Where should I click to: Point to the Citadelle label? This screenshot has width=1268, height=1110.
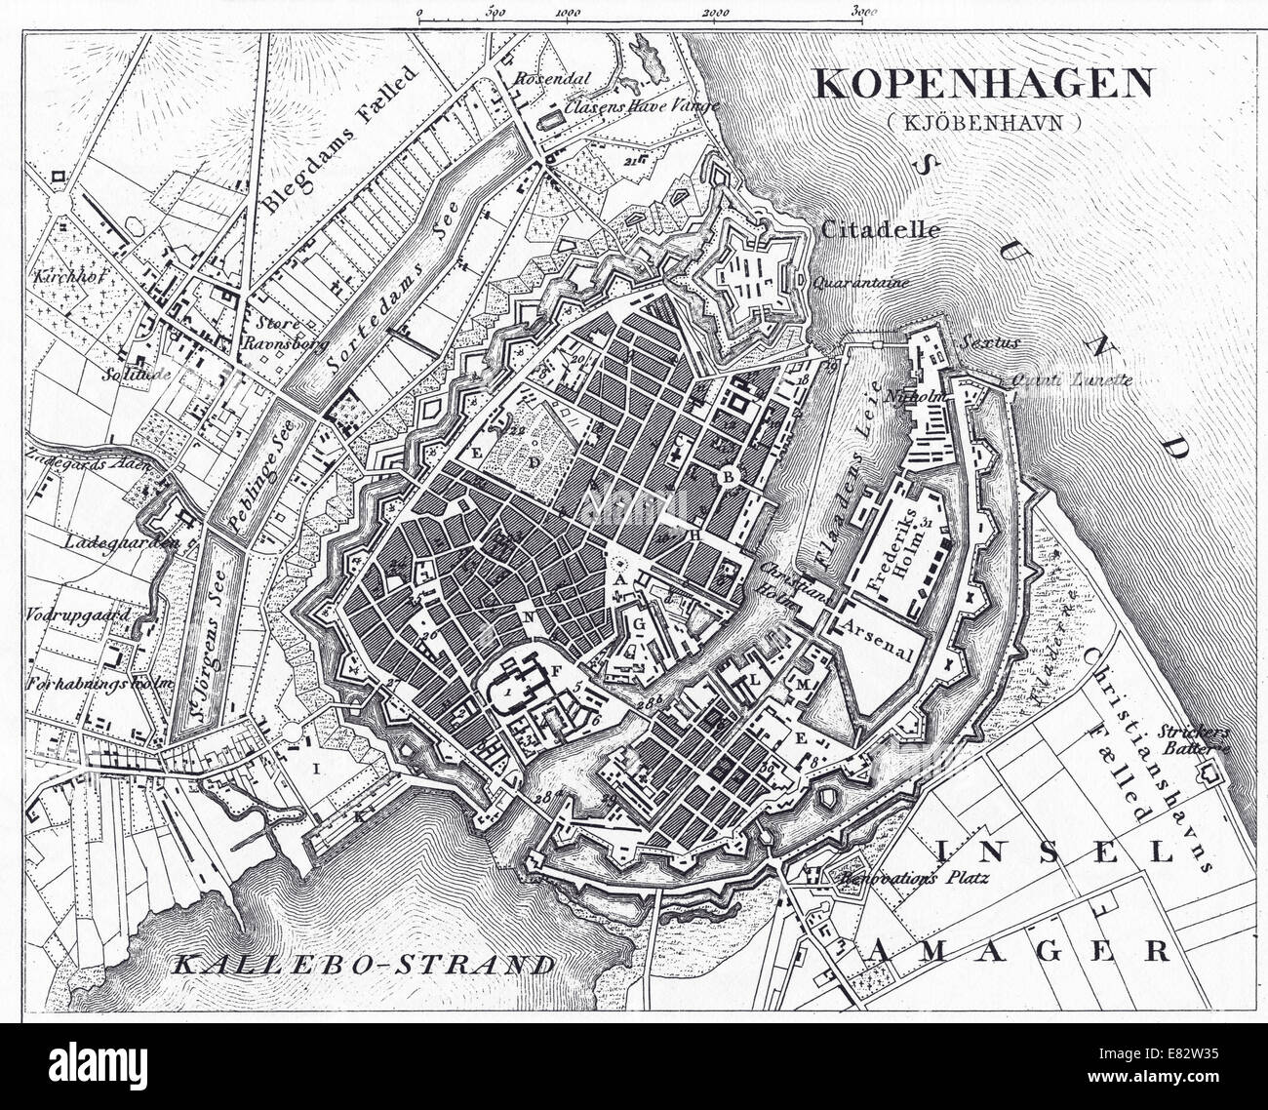pyautogui.click(x=881, y=231)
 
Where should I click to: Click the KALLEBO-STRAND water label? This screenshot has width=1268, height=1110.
pyautogui.click(x=364, y=965)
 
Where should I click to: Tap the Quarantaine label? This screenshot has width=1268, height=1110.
pyautogui.click(x=858, y=283)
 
